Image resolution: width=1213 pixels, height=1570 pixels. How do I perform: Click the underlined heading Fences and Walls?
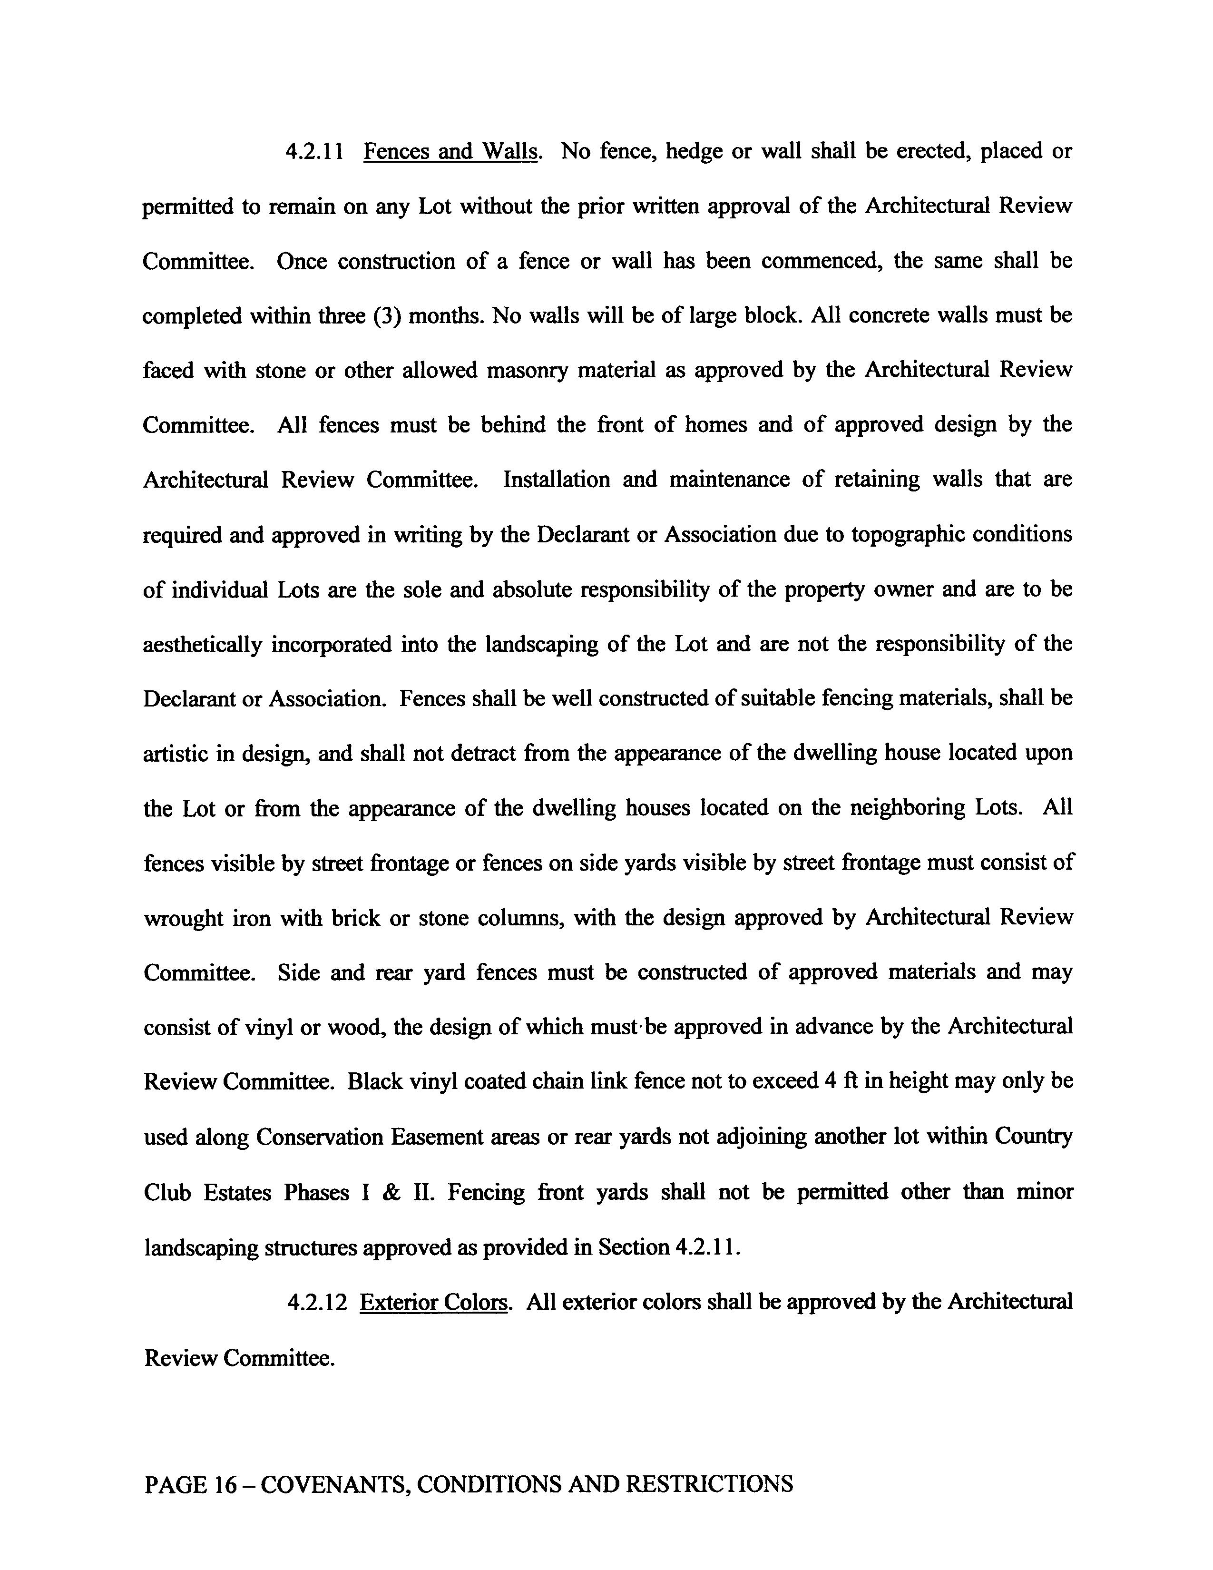coord(450,152)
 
